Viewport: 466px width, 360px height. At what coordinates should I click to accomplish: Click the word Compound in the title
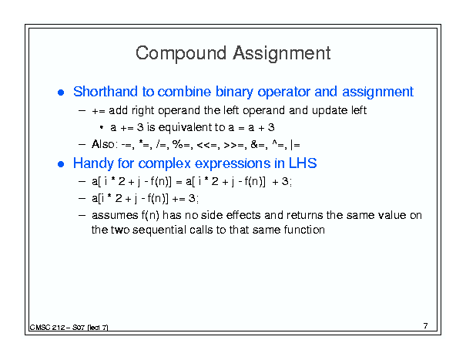pos(181,54)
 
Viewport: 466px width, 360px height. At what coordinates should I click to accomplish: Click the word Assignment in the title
pos(282,54)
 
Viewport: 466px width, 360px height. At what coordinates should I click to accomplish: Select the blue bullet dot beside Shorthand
pos(61,93)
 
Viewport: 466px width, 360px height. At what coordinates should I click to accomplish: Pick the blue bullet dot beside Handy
pos(61,164)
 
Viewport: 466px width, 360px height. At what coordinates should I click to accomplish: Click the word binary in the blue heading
pos(234,92)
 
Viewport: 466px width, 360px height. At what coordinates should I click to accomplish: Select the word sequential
pos(159,230)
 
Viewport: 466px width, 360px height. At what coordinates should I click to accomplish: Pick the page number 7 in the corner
pos(426,326)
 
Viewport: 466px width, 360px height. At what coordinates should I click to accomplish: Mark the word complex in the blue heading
pos(164,163)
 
